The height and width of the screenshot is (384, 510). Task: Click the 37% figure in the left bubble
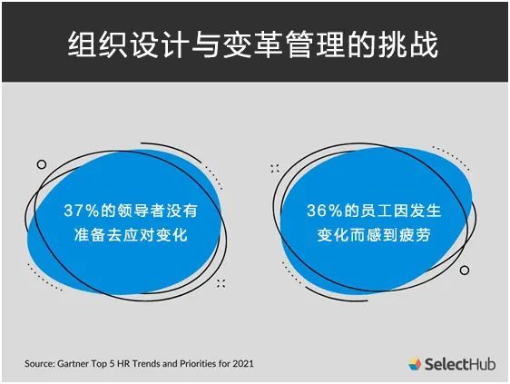82,211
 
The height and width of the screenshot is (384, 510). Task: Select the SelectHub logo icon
415,364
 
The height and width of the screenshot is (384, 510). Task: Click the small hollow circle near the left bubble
42,164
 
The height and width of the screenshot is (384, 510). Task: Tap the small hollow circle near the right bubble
465,271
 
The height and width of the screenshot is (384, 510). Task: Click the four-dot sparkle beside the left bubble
221,283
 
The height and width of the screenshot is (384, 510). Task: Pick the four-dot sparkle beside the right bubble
275,169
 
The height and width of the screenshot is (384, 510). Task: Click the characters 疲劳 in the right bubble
416,234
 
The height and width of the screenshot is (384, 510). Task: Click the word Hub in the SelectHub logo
483,364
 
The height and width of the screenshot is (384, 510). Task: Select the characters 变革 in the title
253,44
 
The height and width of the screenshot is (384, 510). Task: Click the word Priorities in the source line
198,363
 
